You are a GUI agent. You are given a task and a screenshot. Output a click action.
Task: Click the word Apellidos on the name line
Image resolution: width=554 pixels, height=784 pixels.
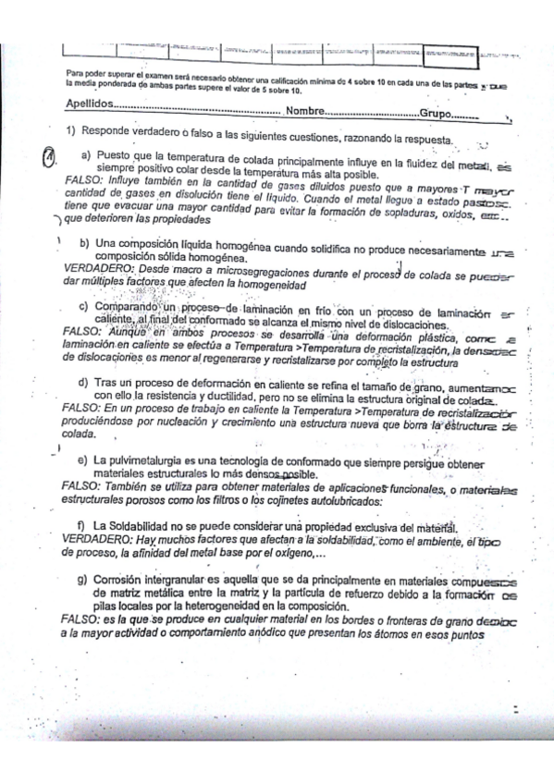[93, 105]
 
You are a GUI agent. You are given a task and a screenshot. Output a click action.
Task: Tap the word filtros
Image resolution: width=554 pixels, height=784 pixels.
[209, 500]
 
